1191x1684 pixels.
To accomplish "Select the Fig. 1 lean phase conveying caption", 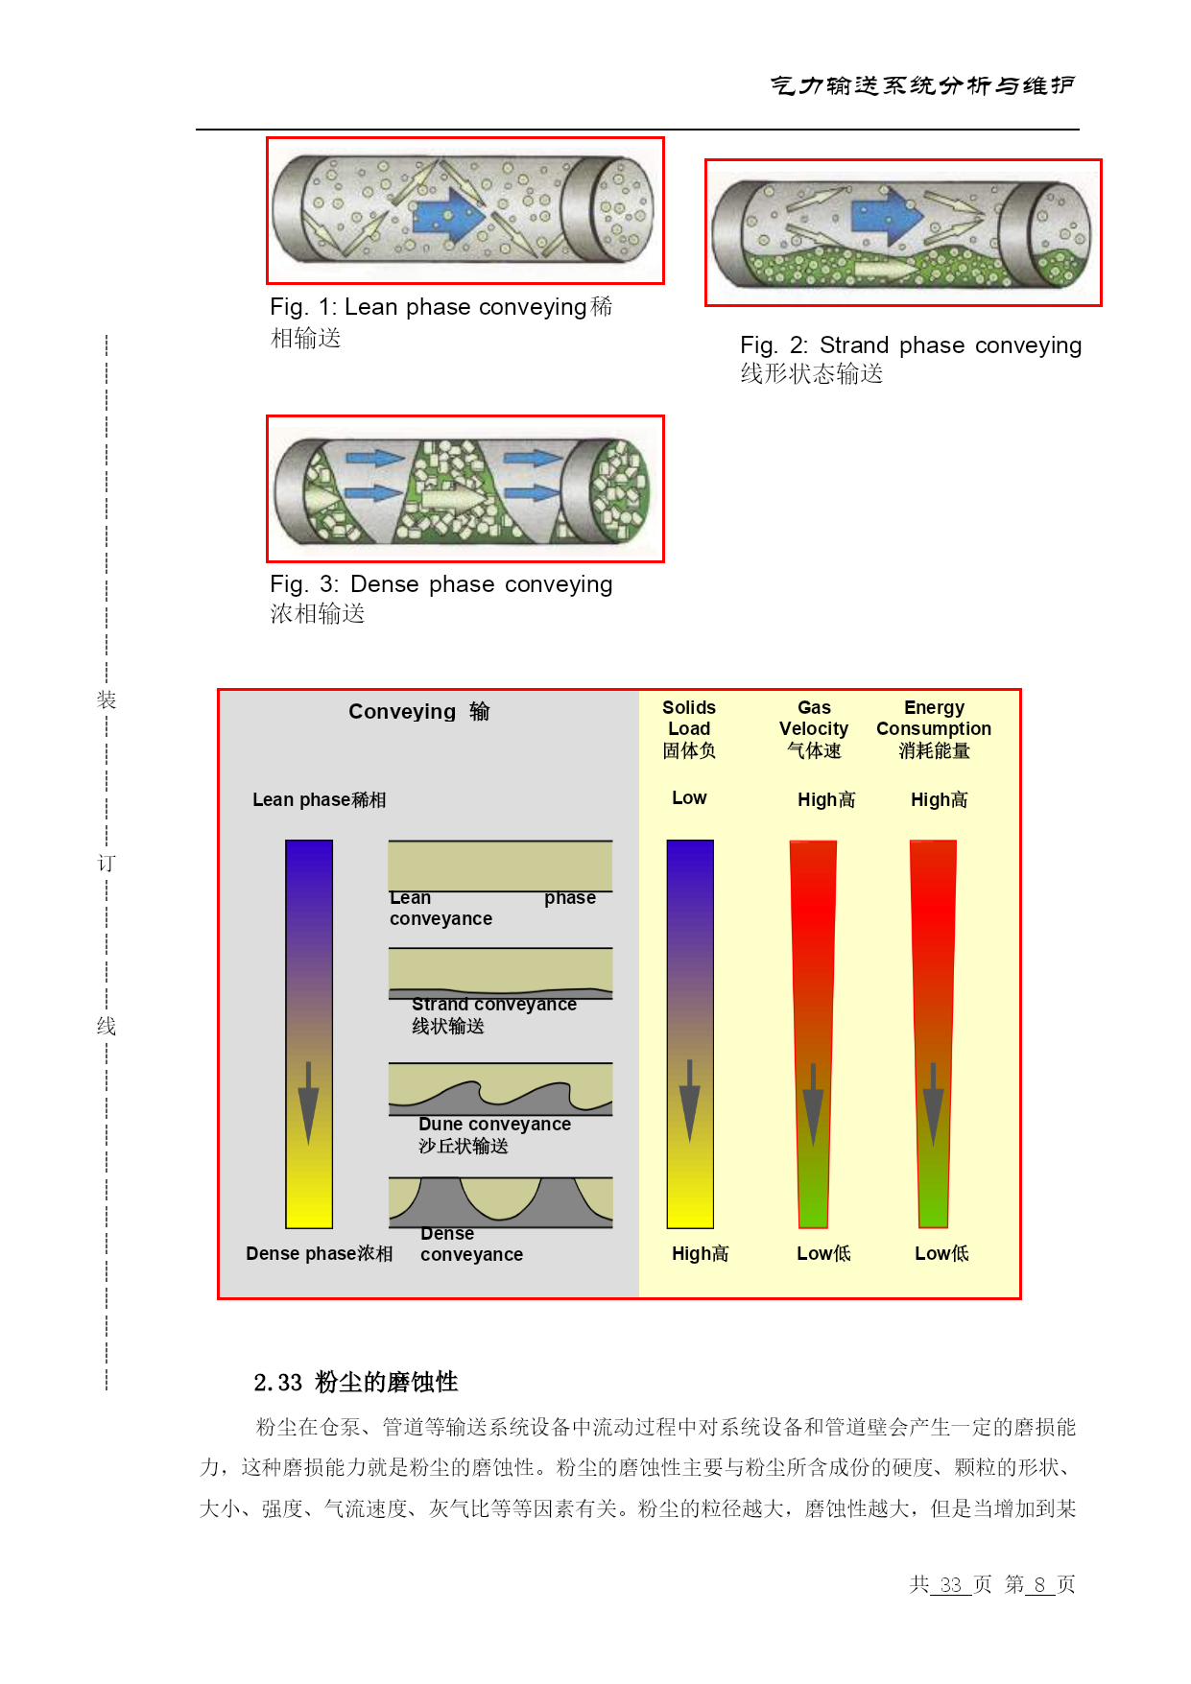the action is [x=441, y=322].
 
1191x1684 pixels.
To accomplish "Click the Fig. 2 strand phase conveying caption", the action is [x=911, y=359].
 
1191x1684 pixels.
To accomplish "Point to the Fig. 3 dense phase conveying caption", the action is [x=441, y=598].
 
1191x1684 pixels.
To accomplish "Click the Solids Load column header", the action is [x=689, y=729].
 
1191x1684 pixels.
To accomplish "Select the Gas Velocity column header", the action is [x=814, y=729].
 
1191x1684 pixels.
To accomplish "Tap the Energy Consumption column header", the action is [x=934, y=729].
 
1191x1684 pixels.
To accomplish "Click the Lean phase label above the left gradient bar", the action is [x=320, y=800].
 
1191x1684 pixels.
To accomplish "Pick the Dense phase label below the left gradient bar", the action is [x=320, y=1254].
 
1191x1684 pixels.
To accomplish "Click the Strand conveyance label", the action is [x=494, y=1015].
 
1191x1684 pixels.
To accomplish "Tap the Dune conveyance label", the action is [x=494, y=1135].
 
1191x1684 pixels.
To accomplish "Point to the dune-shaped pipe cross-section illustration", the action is [x=500, y=1089].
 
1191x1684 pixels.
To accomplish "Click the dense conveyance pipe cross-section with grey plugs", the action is [x=500, y=1202].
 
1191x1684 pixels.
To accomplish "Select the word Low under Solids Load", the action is [x=689, y=798].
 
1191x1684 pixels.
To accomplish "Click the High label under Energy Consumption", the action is [x=940, y=800].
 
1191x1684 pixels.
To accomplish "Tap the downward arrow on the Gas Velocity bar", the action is [x=813, y=1104].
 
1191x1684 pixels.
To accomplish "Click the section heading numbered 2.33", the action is [x=356, y=1383].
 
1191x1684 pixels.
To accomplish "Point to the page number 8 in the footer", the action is [x=1039, y=1584].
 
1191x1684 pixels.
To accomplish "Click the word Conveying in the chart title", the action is [x=402, y=712].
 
